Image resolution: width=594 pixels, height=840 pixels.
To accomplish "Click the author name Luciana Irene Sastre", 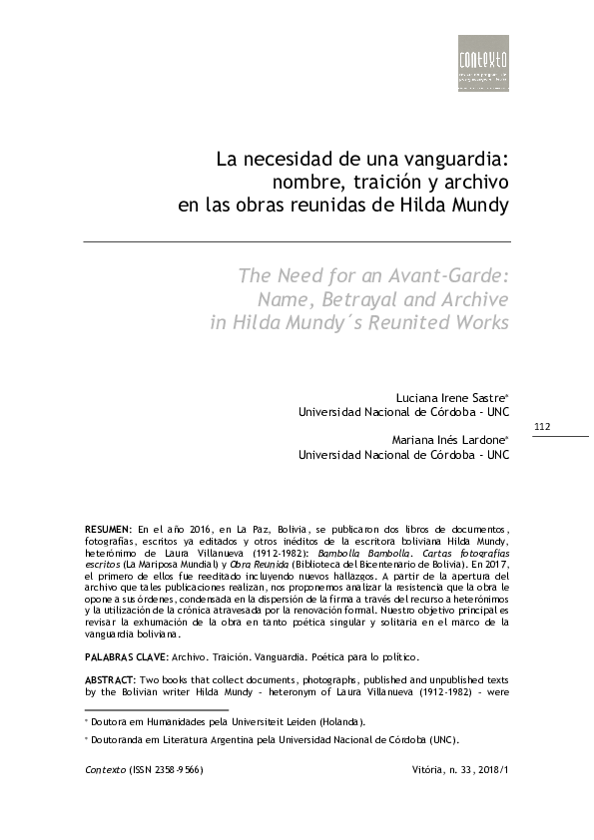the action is coord(449,397).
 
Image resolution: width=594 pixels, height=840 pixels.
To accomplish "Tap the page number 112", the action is coord(543,427).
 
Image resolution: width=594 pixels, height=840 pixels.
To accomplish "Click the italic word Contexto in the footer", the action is coord(101,783).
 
